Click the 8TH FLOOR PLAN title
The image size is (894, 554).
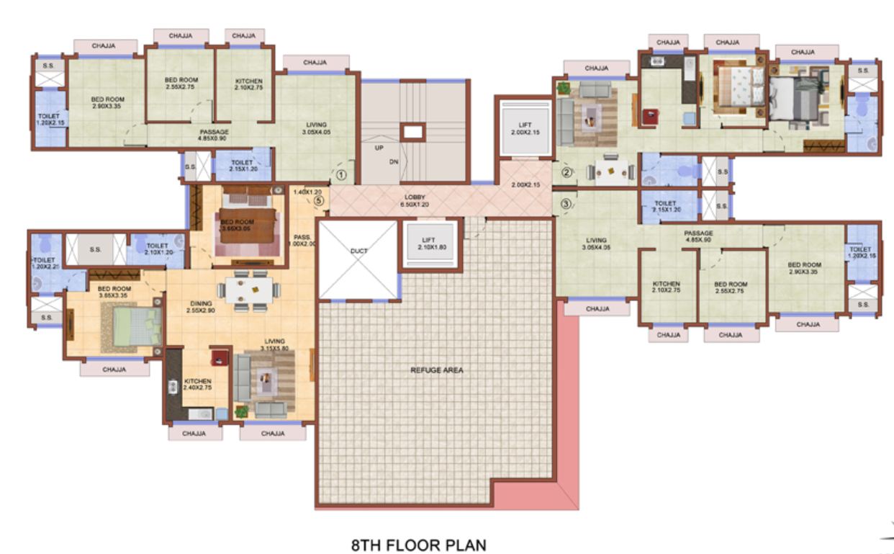pyautogui.click(x=418, y=545)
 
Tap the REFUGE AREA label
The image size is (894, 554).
pyautogui.click(x=437, y=370)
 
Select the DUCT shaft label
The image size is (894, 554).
pyautogui.click(x=358, y=251)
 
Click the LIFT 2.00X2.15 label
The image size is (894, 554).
pyautogui.click(x=524, y=128)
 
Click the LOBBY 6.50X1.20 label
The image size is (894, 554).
pyautogui.click(x=414, y=200)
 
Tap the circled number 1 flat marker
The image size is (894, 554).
pyautogui.click(x=342, y=174)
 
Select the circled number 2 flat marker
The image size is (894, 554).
pyautogui.click(x=566, y=173)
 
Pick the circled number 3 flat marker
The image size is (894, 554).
pyautogui.click(x=566, y=204)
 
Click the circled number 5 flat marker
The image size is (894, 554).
pyautogui.click(x=318, y=201)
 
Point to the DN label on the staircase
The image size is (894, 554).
pyautogui.click(x=394, y=161)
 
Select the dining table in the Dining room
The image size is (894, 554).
pyautogui.click(x=249, y=290)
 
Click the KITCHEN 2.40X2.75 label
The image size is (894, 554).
pyautogui.click(x=197, y=385)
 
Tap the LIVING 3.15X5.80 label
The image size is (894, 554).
pyautogui.click(x=274, y=344)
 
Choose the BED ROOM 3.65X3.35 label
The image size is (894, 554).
pyautogui.click(x=112, y=292)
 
